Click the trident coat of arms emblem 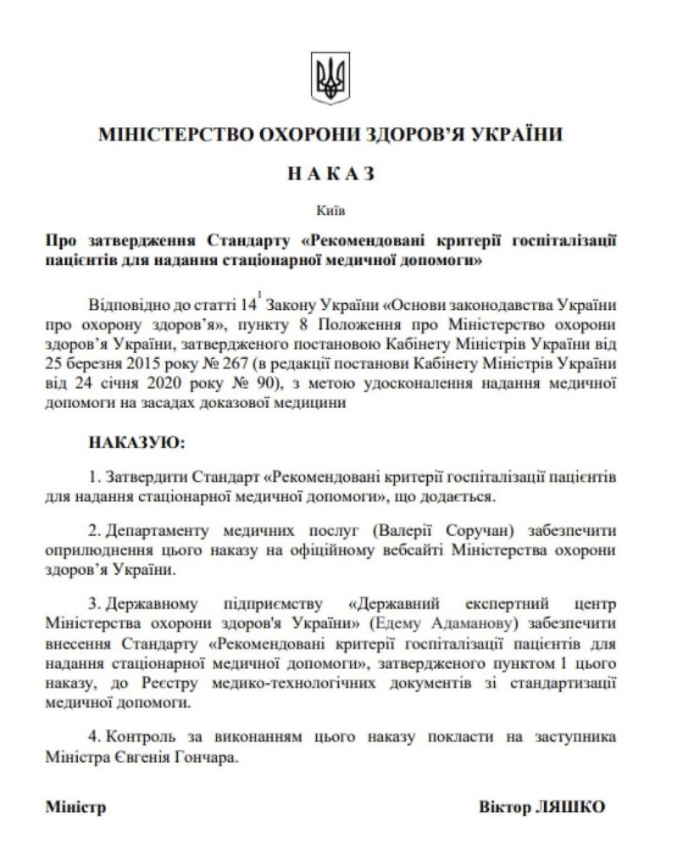pyautogui.click(x=330, y=79)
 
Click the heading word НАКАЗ pyautogui.click(x=330, y=174)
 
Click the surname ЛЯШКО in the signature pyautogui.click(x=572, y=807)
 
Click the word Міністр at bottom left pyautogui.click(x=75, y=807)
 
